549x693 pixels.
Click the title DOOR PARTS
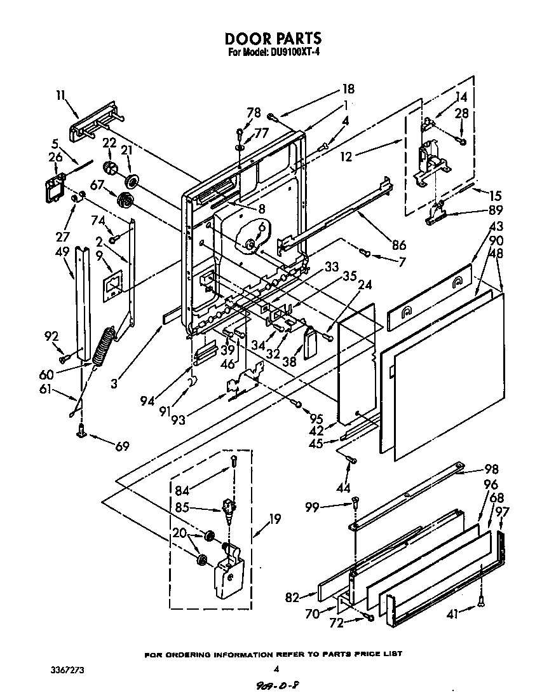274,39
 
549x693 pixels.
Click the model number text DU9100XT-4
293,53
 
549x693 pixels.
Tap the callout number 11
60,95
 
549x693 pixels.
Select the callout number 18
349,89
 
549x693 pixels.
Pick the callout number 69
122,447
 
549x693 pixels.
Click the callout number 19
274,518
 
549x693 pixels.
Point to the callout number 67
97,185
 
